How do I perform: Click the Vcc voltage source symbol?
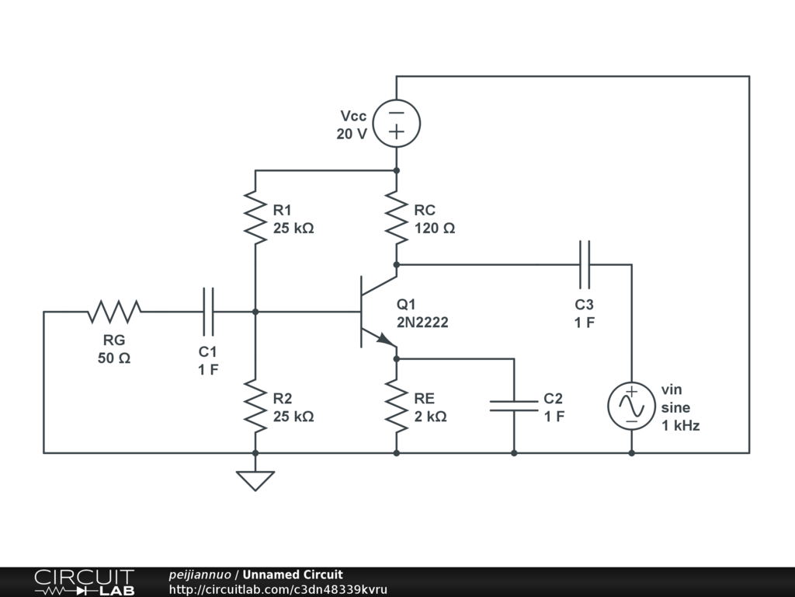[x=396, y=123]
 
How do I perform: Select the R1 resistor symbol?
[x=255, y=218]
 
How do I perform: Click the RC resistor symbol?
[x=396, y=218]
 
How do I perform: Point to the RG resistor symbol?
[x=114, y=312]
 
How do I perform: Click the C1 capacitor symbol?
[x=209, y=312]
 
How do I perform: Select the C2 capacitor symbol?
[x=513, y=405]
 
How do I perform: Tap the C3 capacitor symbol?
[x=584, y=264]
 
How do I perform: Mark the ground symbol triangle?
[x=255, y=480]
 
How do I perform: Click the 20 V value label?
[x=352, y=134]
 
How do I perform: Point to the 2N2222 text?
[x=422, y=322]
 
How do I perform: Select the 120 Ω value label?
[x=434, y=229]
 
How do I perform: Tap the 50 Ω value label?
[x=114, y=358]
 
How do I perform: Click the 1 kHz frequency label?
[x=680, y=425]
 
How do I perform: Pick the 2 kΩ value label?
[x=429, y=416]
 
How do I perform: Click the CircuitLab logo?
[x=84, y=582]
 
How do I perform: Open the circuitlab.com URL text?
[x=277, y=589]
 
